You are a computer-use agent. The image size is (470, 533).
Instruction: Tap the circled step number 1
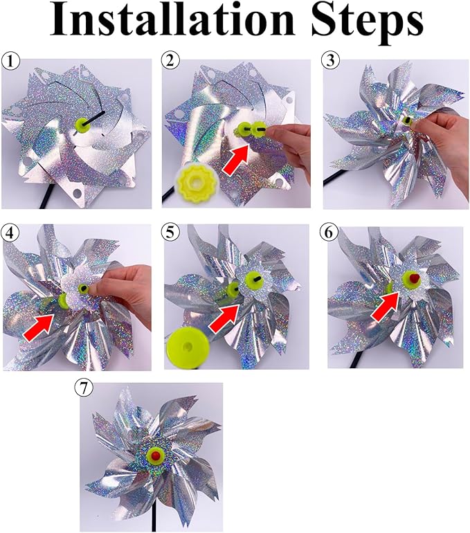[x=10, y=62]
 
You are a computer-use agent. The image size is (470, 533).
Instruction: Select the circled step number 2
[x=170, y=62]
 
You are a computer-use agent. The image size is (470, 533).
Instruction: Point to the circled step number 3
[x=332, y=62]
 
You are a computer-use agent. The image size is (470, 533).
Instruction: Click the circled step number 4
[x=10, y=231]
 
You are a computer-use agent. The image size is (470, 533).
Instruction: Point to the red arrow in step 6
[x=385, y=305]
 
